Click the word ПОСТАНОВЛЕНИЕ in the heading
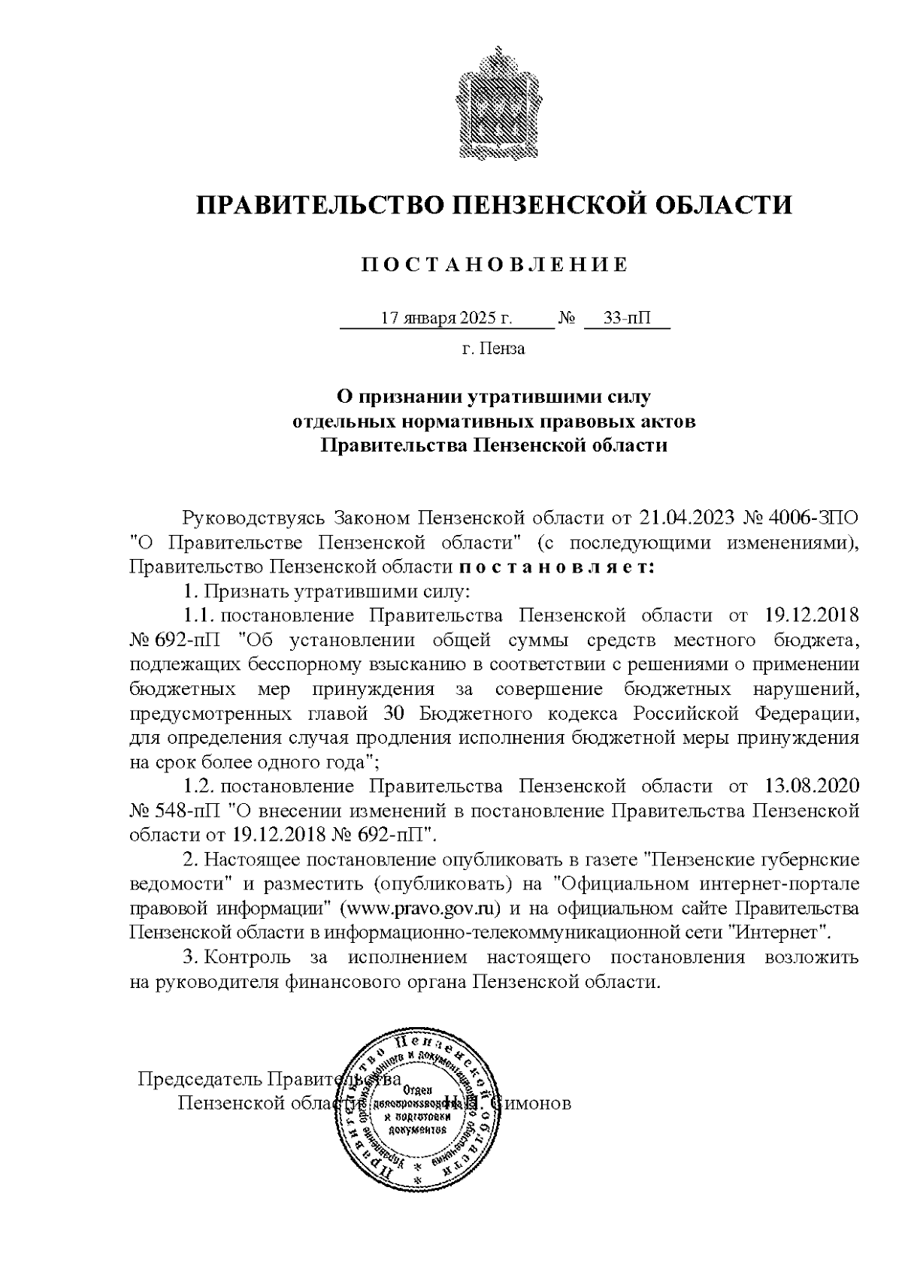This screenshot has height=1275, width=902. click(495, 265)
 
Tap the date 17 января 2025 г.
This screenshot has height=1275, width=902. click(447, 319)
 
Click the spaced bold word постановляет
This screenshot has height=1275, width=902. click(557, 567)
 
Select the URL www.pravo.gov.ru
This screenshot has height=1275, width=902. click(421, 909)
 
